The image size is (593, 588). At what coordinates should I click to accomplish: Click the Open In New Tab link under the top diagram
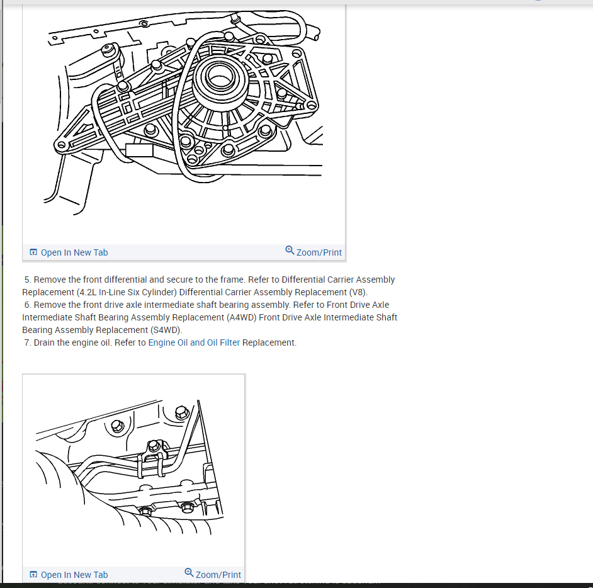click(74, 252)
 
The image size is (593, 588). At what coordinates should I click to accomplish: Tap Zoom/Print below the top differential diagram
click(319, 252)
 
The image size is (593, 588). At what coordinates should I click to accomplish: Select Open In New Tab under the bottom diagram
click(74, 575)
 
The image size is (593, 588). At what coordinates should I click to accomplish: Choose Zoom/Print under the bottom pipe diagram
click(218, 575)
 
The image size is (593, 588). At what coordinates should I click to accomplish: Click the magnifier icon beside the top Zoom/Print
click(290, 251)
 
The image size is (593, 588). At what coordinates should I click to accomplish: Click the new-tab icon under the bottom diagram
click(33, 575)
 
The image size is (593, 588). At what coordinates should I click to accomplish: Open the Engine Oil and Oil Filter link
click(194, 342)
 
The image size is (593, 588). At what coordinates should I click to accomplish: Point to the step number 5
click(27, 280)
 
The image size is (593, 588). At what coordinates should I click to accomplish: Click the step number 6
click(27, 305)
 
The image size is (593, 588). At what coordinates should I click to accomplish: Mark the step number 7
click(27, 342)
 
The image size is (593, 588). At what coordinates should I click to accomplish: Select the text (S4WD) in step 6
click(165, 330)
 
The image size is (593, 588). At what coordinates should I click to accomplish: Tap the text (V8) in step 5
click(358, 292)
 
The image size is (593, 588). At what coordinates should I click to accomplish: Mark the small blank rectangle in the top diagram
click(139, 150)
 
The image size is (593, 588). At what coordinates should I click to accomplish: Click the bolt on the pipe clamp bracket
click(152, 446)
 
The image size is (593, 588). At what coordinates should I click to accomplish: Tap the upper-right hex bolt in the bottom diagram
click(181, 412)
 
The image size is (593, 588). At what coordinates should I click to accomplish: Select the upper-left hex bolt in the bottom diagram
click(117, 426)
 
